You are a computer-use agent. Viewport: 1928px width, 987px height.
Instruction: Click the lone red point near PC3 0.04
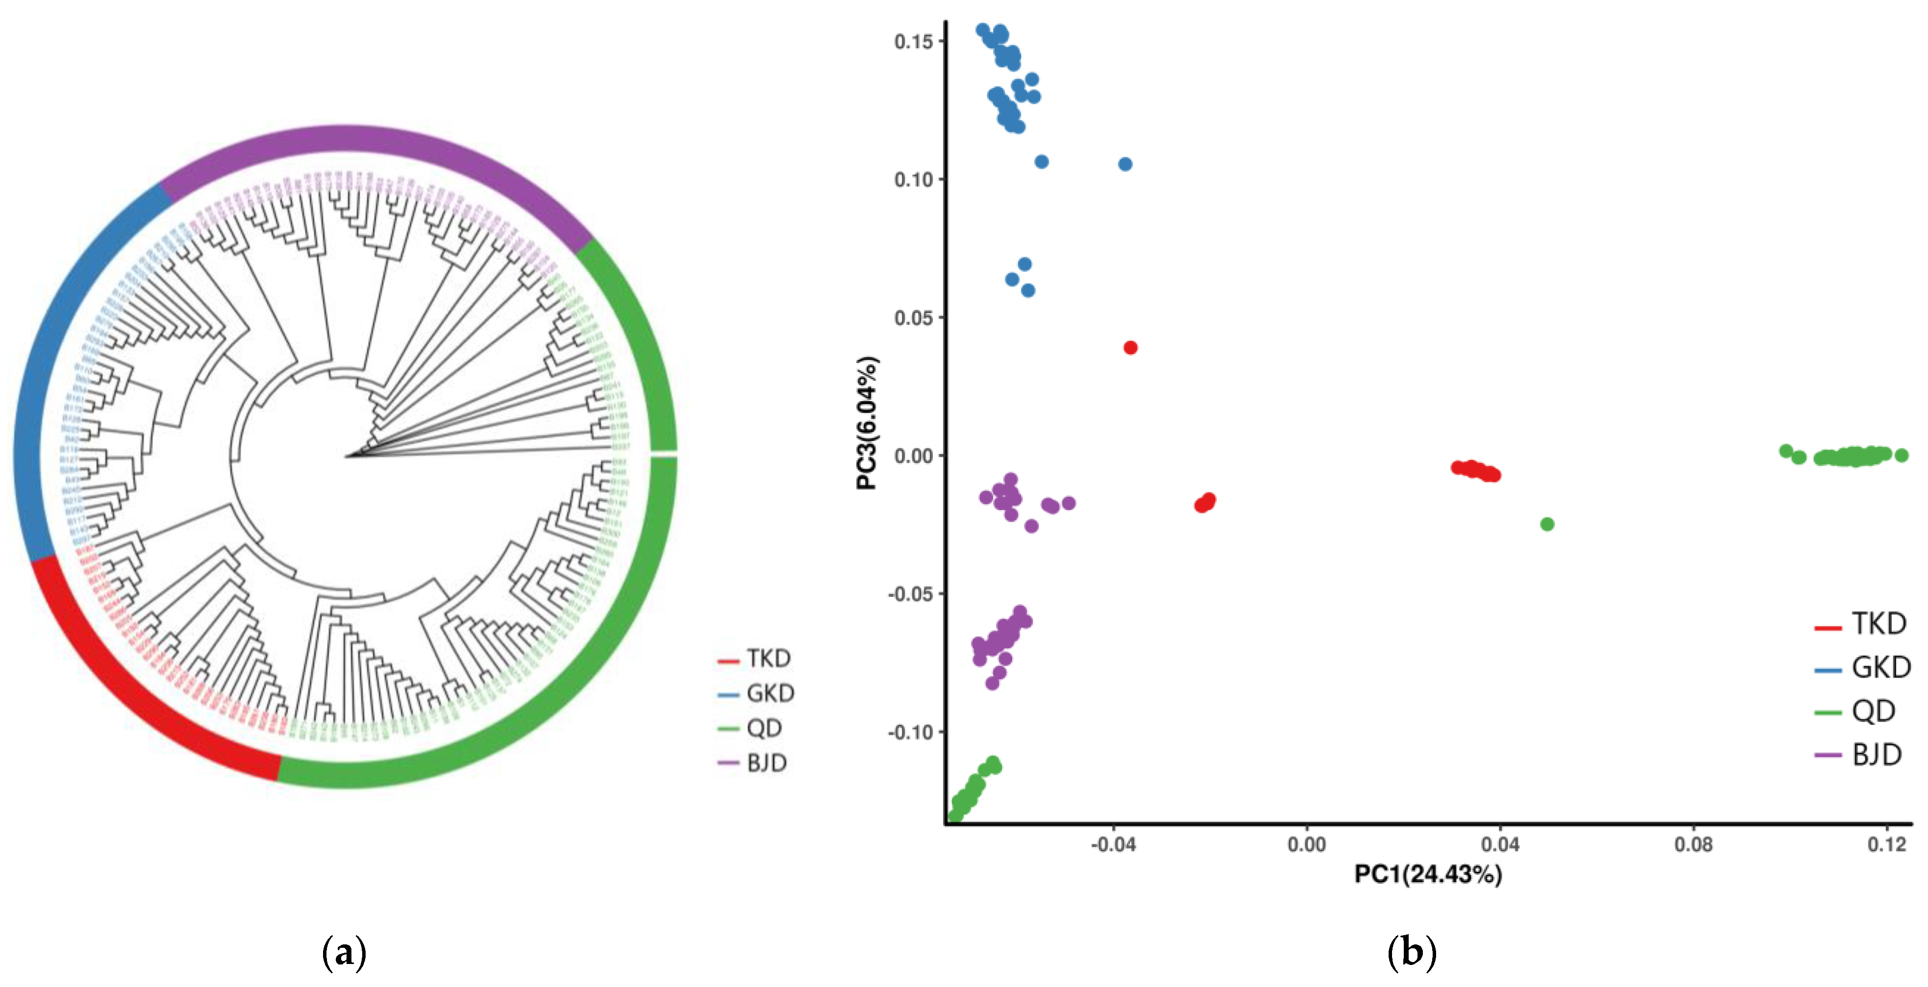pyautogui.click(x=1130, y=347)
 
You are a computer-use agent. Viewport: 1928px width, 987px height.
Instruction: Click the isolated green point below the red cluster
pyautogui.click(x=1547, y=524)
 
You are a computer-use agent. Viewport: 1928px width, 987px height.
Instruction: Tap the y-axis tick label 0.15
pyautogui.click(x=913, y=41)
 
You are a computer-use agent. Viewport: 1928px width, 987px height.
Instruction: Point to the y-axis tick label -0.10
pyautogui.click(x=910, y=732)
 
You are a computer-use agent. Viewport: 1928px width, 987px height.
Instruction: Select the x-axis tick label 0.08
pyautogui.click(x=1693, y=845)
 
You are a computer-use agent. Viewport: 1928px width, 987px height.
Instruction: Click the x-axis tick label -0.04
pyautogui.click(x=1113, y=845)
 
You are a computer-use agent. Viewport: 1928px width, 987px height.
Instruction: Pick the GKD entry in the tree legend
pyautogui.click(x=756, y=694)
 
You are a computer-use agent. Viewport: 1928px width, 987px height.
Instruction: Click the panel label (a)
pyautogui.click(x=344, y=953)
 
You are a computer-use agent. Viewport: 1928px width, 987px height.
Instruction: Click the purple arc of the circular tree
pyautogui.click(x=374, y=142)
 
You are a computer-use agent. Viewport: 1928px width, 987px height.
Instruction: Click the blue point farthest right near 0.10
pyautogui.click(x=1125, y=164)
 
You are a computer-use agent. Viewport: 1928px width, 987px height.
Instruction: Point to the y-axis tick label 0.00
pyautogui.click(x=913, y=456)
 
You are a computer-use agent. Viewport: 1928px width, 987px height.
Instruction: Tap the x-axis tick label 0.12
pyautogui.click(x=1886, y=845)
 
